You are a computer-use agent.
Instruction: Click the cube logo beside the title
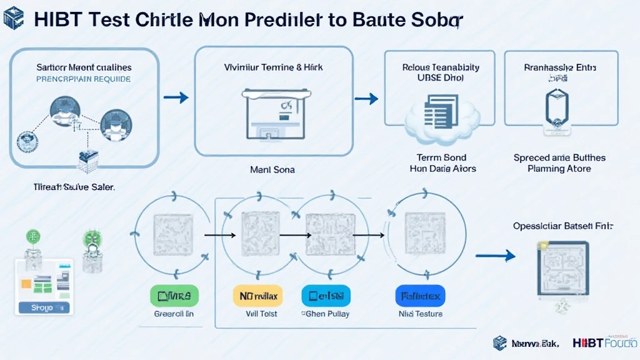coord(13,17)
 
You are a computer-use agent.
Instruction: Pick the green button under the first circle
coord(174,295)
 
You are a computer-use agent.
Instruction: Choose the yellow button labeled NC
coord(258,295)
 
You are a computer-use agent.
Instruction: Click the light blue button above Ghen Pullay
coord(326,295)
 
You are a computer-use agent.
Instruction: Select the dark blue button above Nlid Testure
coord(419,295)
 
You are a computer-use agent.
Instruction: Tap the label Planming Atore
coord(559,169)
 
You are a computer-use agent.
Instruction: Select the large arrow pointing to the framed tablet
coord(495,255)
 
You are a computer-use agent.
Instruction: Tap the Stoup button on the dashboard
coord(42,307)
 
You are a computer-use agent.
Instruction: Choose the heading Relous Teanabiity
coord(432,67)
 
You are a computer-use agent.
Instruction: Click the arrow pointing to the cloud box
coord(366,98)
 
